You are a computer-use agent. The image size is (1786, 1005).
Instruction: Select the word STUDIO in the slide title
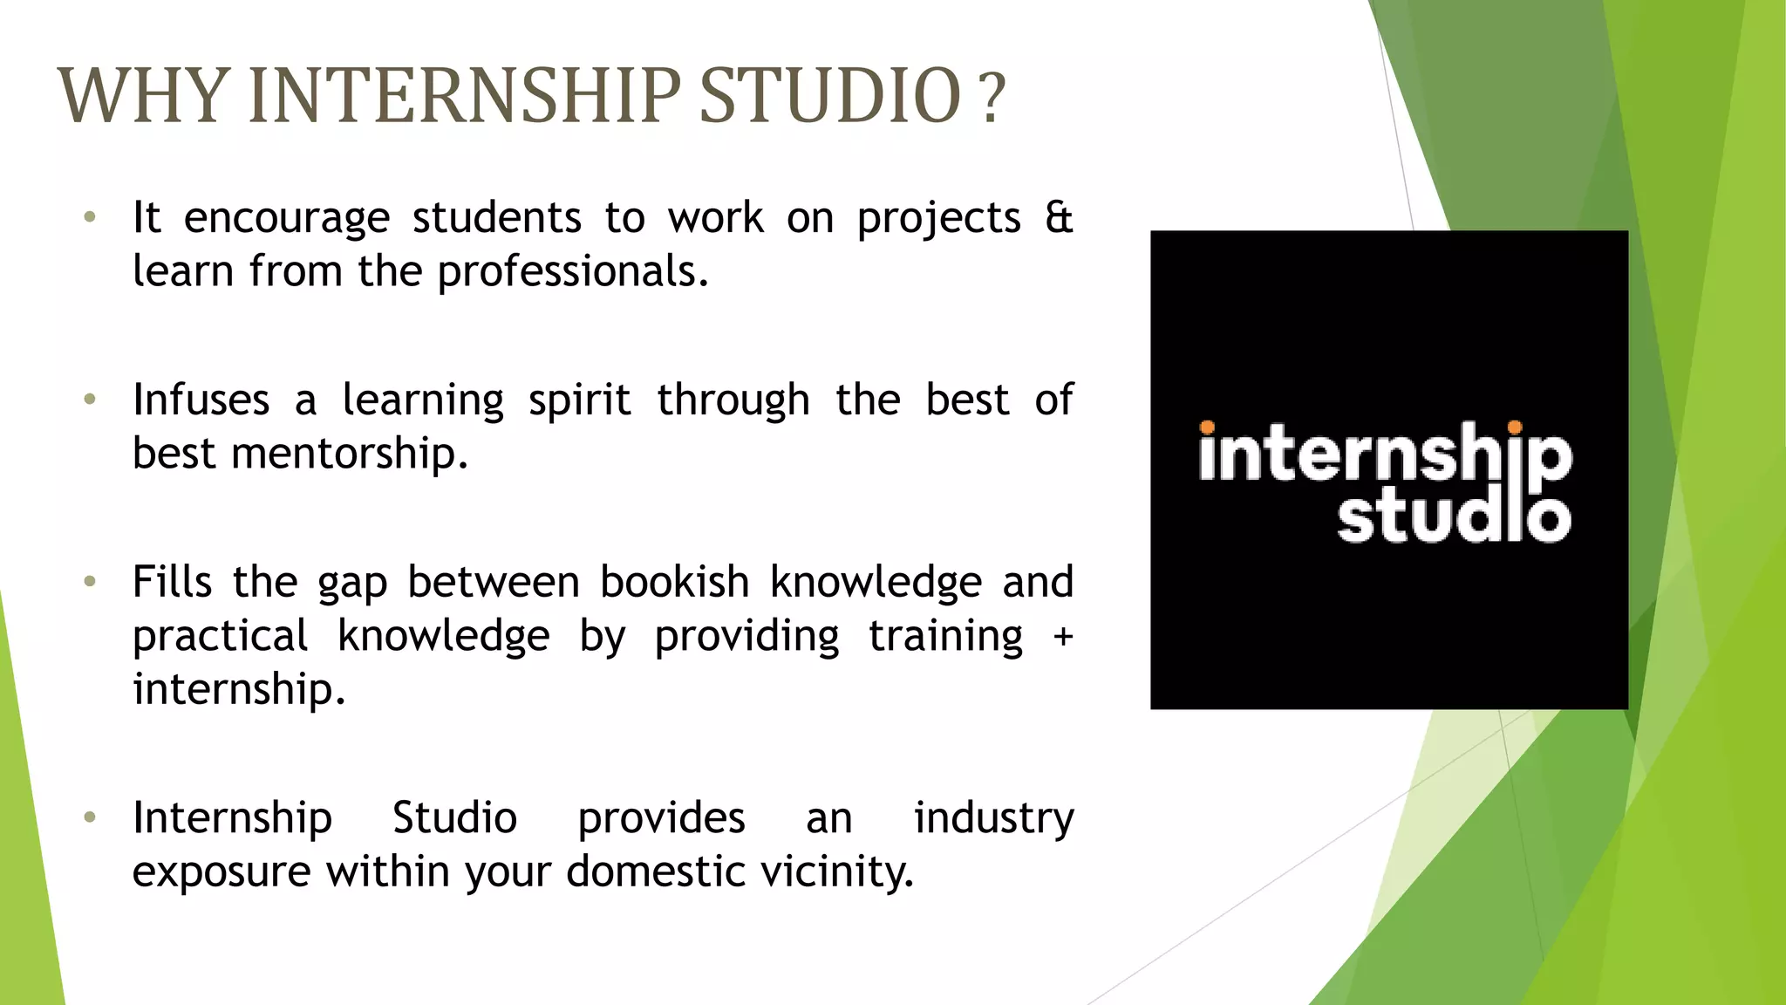click(829, 96)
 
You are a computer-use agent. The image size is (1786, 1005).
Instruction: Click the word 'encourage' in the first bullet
click(286, 219)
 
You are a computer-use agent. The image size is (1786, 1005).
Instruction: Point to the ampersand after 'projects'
click(1059, 217)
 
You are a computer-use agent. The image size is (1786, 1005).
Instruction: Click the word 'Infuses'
click(201, 400)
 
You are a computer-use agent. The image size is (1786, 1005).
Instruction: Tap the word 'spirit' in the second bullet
click(579, 401)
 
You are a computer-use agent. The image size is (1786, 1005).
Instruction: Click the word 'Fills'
click(172, 582)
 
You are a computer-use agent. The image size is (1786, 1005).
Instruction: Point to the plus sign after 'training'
click(1062, 637)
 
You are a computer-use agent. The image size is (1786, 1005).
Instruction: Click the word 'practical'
click(220, 637)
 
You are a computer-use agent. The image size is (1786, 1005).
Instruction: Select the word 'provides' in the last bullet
click(661, 818)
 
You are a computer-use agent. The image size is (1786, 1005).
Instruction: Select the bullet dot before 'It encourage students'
click(89, 217)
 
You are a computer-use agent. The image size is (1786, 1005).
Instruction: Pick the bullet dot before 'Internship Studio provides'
click(89, 817)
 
